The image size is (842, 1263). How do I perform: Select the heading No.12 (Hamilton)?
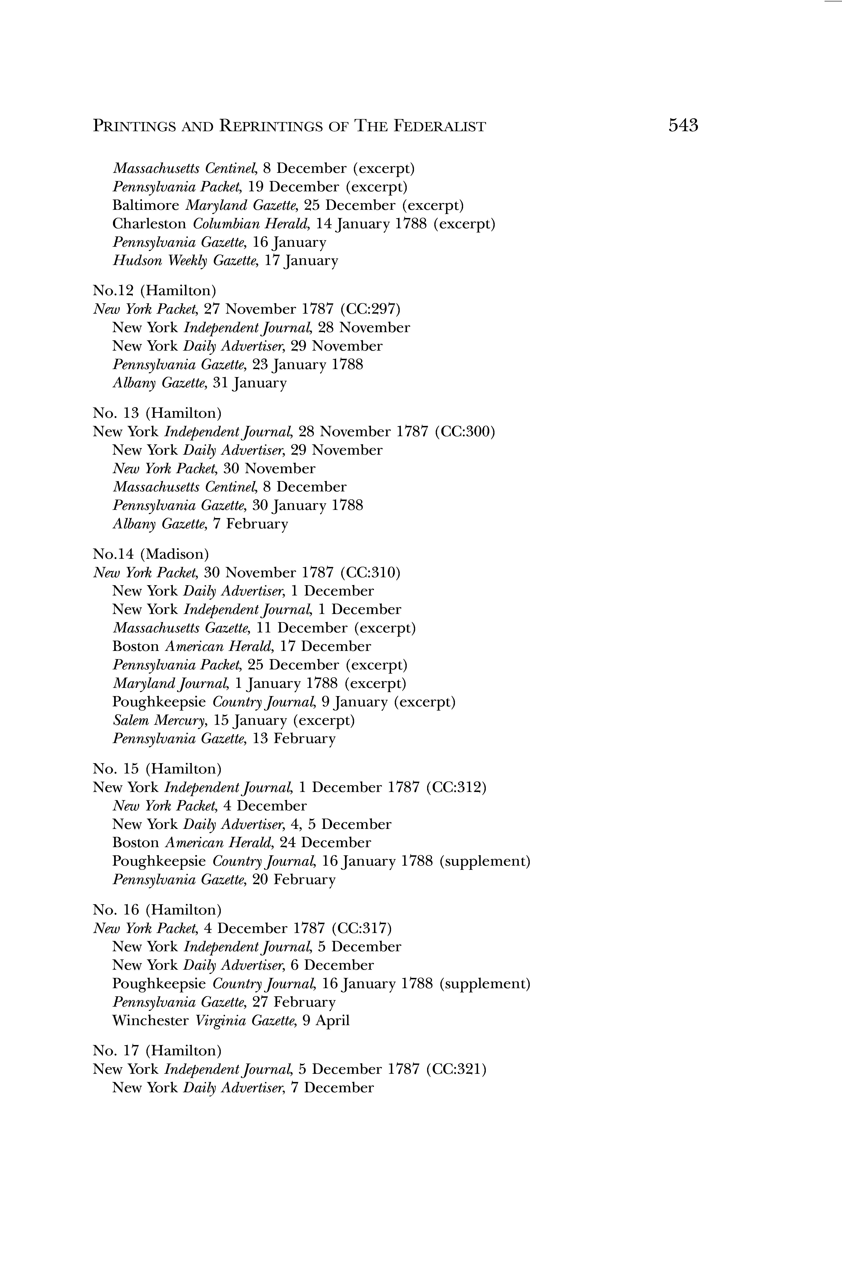[155, 290]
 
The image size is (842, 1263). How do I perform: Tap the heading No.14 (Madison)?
[151, 554]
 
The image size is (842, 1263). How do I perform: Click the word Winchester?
[150, 1020]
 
